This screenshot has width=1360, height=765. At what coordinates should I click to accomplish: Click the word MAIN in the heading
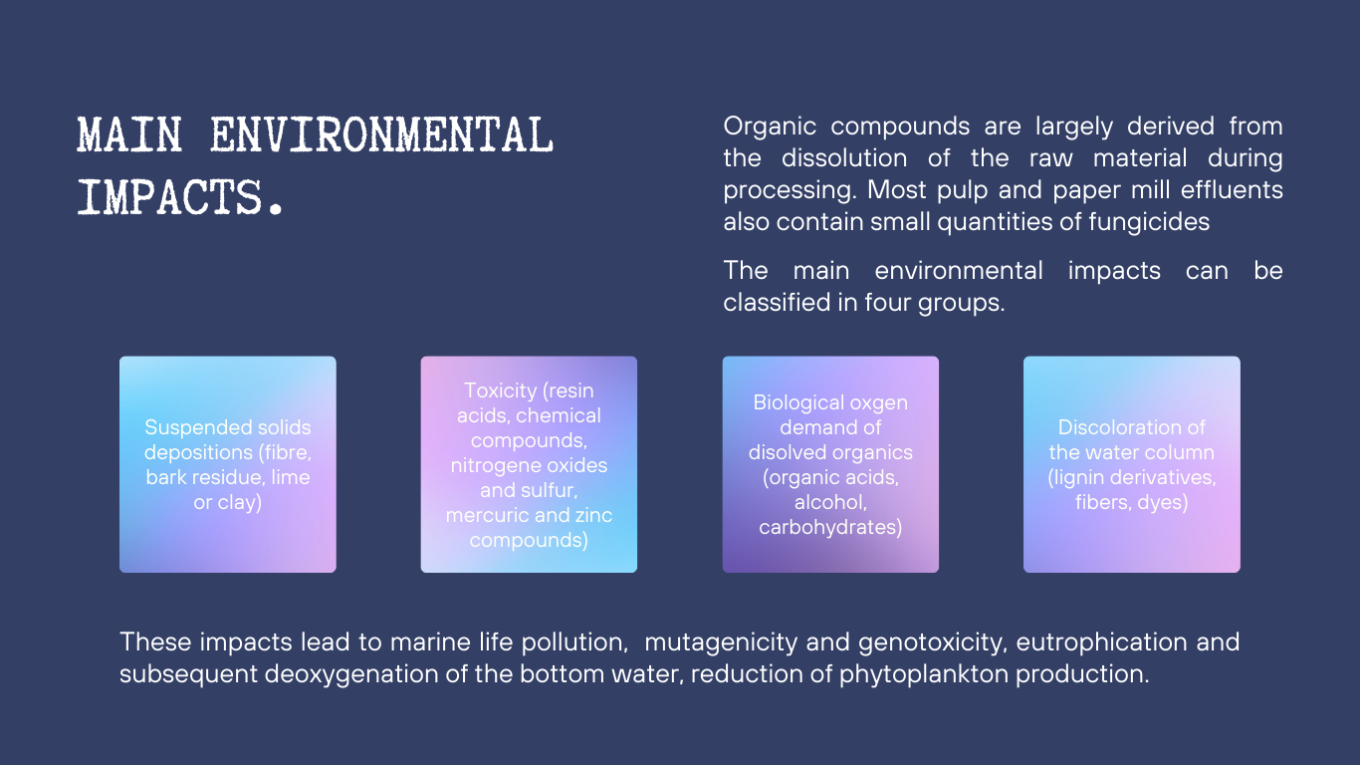pos(129,134)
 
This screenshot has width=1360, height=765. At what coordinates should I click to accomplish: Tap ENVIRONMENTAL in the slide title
pos(382,134)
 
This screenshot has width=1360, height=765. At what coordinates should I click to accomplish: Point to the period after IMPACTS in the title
pos(276,207)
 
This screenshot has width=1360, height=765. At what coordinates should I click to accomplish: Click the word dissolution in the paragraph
pos(844,158)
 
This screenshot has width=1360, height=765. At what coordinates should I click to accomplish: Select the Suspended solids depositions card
pos(228,464)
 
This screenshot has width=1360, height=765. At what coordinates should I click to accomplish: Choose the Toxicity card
pos(529,464)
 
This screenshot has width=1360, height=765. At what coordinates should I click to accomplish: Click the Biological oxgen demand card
pos(830,464)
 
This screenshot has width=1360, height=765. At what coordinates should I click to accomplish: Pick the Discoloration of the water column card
pos(1132,464)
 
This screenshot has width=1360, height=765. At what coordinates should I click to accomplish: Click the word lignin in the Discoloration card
pos(1081,478)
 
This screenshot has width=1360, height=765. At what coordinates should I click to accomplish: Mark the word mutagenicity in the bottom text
pos(721,642)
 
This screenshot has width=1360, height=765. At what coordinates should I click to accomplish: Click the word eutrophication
pos(1101,642)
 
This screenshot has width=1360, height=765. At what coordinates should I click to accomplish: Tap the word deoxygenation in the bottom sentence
pos(350,674)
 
